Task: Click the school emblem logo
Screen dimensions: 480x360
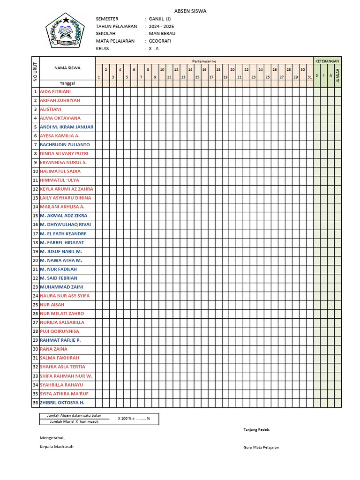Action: point(64,32)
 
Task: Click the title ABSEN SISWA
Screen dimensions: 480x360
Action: point(190,11)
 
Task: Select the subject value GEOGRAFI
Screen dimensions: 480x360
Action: point(160,41)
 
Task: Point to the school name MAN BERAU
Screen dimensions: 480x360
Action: point(162,34)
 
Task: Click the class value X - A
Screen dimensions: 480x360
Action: point(154,49)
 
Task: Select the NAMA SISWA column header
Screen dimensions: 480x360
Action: point(67,67)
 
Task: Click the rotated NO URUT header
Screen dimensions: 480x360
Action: point(35,72)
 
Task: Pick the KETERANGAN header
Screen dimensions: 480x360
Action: point(327,61)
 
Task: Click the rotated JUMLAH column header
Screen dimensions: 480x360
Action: point(337,75)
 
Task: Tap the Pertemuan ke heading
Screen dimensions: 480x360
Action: point(204,61)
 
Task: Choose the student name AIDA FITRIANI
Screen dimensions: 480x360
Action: point(55,91)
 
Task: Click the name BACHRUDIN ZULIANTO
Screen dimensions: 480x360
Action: point(65,145)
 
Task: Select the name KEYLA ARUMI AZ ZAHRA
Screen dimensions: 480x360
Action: point(67,189)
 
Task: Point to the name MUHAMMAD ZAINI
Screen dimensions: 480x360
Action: point(61,287)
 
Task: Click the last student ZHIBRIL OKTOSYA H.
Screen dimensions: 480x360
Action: point(62,403)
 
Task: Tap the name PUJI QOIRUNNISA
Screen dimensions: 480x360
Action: point(60,331)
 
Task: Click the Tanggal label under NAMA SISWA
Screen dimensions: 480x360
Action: point(67,83)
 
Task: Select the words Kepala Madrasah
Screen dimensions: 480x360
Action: point(57,447)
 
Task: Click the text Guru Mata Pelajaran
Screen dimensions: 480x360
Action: point(261,448)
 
